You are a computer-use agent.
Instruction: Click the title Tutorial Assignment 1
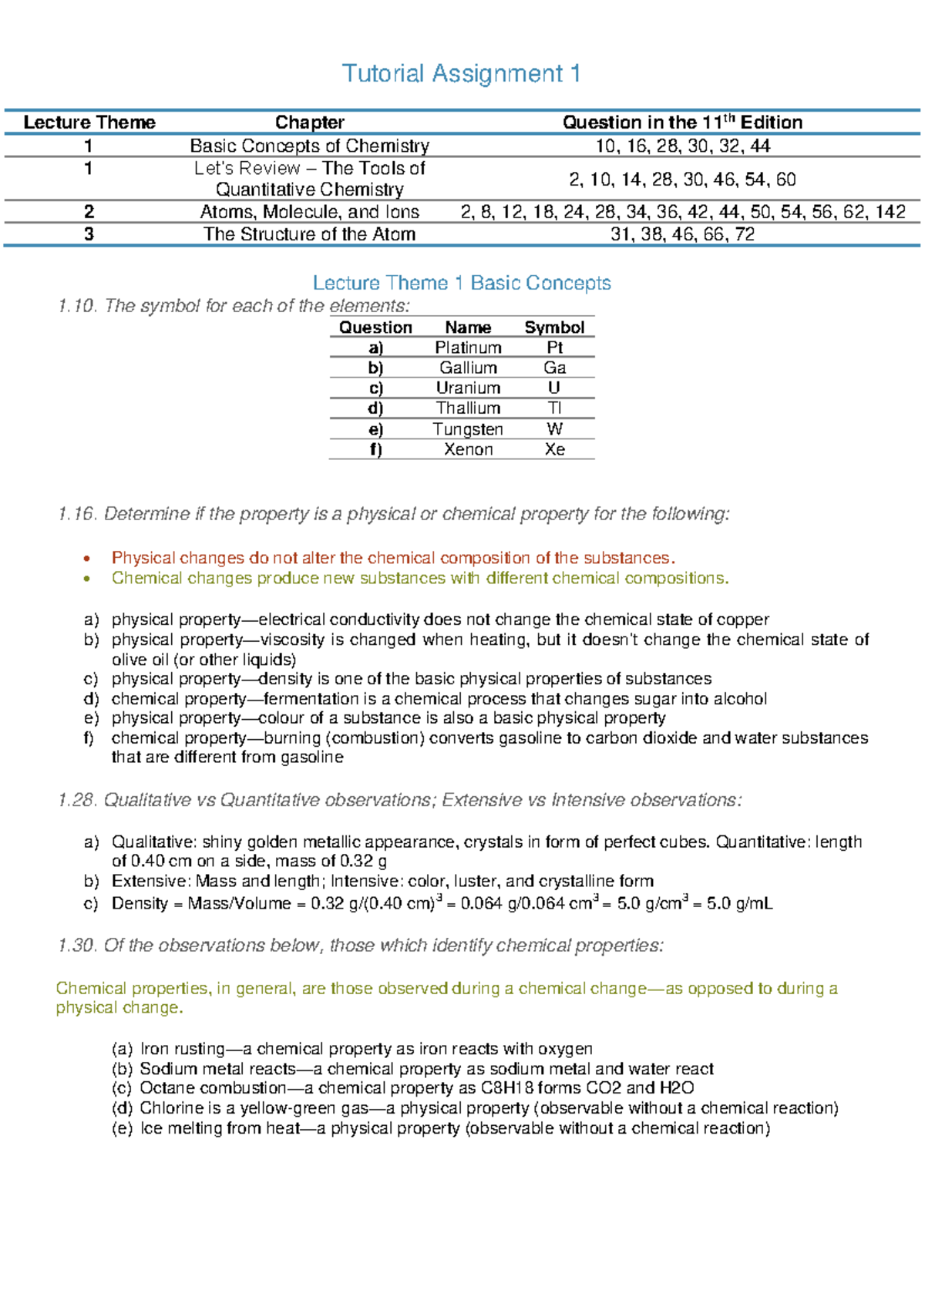(x=461, y=74)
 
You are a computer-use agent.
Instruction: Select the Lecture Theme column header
(x=89, y=123)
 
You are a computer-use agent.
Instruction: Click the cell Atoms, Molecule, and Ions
(x=310, y=212)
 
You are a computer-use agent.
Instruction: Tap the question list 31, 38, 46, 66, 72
(x=682, y=234)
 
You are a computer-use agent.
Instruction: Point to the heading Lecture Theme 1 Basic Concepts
(x=461, y=283)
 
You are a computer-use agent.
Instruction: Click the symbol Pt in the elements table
(x=554, y=348)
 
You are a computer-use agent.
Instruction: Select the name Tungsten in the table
(x=468, y=429)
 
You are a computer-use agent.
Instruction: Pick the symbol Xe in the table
(x=554, y=449)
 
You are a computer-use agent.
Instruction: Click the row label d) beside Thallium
(x=375, y=408)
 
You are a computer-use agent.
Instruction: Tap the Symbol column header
(x=554, y=328)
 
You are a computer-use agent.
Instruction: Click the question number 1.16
(x=77, y=514)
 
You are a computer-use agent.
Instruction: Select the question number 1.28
(x=77, y=801)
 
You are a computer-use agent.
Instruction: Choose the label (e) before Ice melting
(x=122, y=1128)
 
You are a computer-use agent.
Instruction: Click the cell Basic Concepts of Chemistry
(x=310, y=146)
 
